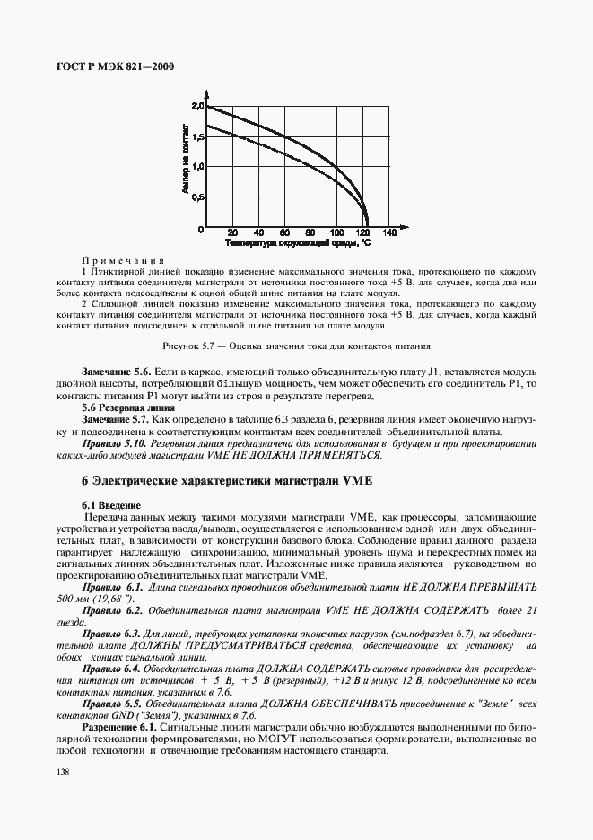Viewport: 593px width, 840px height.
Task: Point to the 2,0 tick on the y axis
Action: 198,106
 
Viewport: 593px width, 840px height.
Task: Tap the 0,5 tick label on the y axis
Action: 198,197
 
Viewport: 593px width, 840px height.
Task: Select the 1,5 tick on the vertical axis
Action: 198,136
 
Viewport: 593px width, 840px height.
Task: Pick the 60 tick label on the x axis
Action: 283,232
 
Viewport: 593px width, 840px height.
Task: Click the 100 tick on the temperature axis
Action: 336,232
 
